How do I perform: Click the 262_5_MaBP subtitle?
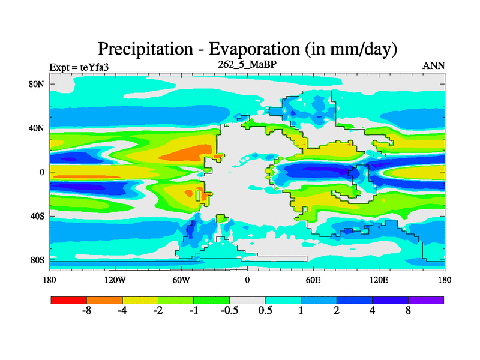[x=247, y=64]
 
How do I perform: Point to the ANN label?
[x=434, y=66]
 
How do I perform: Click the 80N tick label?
[x=37, y=84]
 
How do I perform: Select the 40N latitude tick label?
[x=37, y=128]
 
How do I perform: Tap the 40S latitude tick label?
[x=37, y=216]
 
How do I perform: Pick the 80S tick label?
[x=37, y=260]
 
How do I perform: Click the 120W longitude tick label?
[x=115, y=280]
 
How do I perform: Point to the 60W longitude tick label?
[x=181, y=280]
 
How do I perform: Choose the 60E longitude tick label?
[x=313, y=280]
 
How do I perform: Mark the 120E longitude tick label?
[x=379, y=280]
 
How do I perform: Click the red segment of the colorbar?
[x=69, y=299]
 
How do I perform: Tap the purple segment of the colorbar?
[x=426, y=299]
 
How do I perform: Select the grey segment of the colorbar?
[x=247, y=299]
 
